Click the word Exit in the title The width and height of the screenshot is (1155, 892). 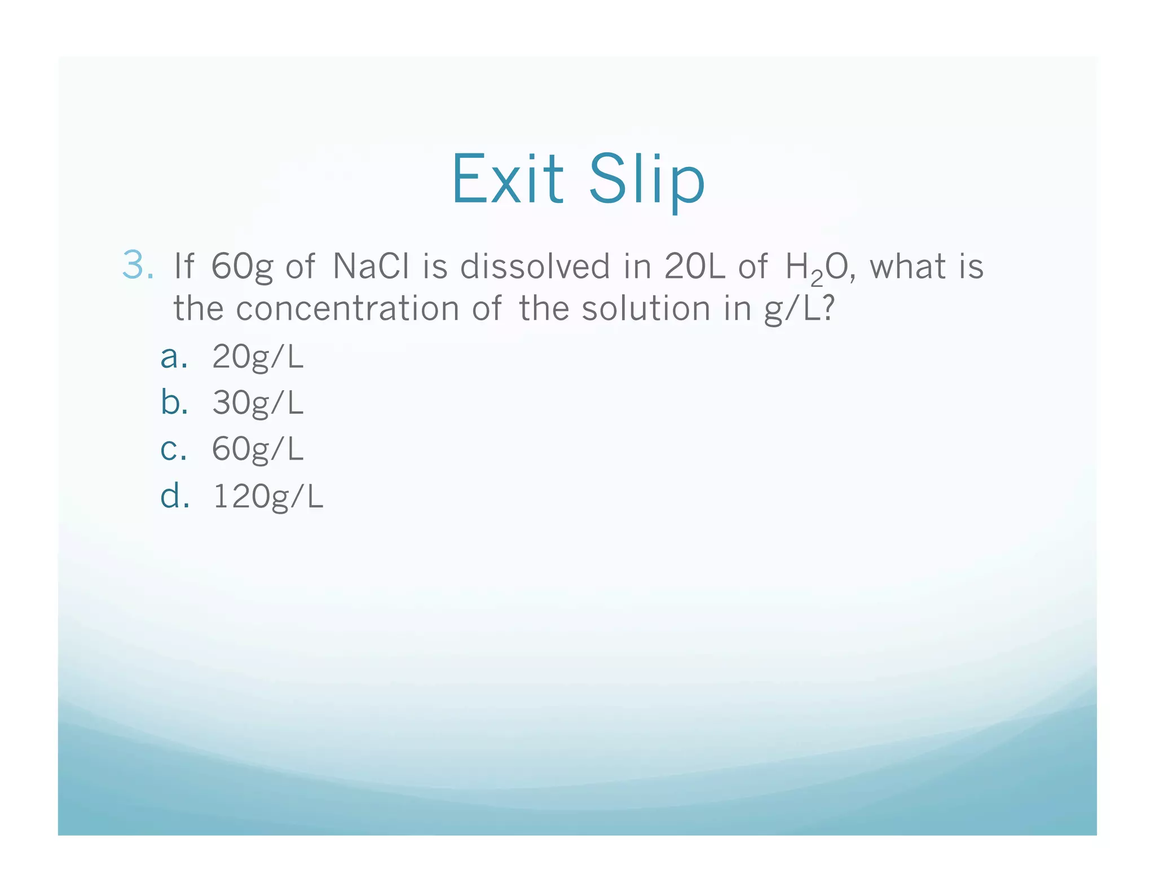click(507, 179)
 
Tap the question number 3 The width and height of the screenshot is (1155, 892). click(137, 266)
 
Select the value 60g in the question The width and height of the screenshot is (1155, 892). click(241, 267)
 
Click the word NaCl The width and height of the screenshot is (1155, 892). click(371, 266)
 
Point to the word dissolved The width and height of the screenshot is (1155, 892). click(535, 266)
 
